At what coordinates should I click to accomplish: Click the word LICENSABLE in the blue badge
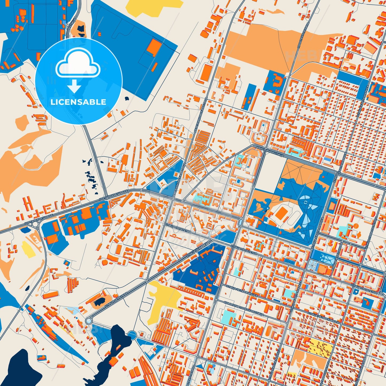(78, 102)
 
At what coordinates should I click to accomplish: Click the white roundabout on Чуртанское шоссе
(35, 225)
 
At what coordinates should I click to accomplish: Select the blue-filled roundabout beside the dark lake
(132, 334)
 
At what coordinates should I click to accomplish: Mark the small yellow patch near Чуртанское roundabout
(28, 249)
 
